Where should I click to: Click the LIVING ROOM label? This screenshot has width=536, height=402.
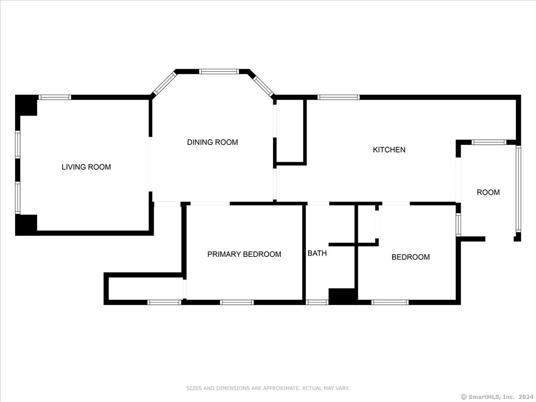click(x=86, y=167)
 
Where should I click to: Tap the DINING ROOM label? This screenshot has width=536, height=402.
click(x=213, y=142)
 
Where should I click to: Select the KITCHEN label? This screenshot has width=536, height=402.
click(x=389, y=150)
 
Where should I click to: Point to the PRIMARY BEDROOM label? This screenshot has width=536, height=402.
click(x=244, y=254)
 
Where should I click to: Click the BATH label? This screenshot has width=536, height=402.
click(x=317, y=253)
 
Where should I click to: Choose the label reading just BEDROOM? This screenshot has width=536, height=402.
click(x=410, y=257)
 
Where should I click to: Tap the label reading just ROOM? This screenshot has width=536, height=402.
click(x=488, y=192)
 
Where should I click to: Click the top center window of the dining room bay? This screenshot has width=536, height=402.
click(x=219, y=71)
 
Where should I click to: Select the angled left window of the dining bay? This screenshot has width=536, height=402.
click(x=164, y=83)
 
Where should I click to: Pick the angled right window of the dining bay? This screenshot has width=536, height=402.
click(x=264, y=86)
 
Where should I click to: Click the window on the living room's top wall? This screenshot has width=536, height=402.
click(x=55, y=97)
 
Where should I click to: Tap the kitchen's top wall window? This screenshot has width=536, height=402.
click(x=339, y=97)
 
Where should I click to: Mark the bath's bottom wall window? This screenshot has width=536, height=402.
click(x=317, y=302)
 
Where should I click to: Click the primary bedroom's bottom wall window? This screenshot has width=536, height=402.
click(x=237, y=302)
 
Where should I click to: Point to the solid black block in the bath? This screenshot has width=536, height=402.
click(x=343, y=296)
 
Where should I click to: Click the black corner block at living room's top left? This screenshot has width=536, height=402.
click(x=26, y=105)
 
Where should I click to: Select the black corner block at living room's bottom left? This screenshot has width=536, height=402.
click(x=26, y=225)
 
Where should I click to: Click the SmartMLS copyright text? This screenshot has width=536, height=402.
click(x=497, y=397)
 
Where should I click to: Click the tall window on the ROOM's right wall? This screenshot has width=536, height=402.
click(x=519, y=188)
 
